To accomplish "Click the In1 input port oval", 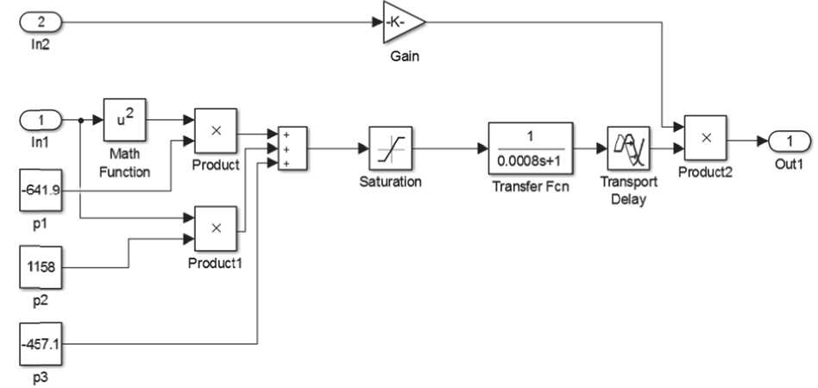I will click(42, 121).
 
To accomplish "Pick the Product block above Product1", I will click(216, 130).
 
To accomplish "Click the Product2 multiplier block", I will click(705, 138).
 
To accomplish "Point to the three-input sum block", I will click(293, 148).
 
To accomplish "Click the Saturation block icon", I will click(390, 148).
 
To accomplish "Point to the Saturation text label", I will click(390, 182).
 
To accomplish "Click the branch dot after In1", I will click(80, 121).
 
